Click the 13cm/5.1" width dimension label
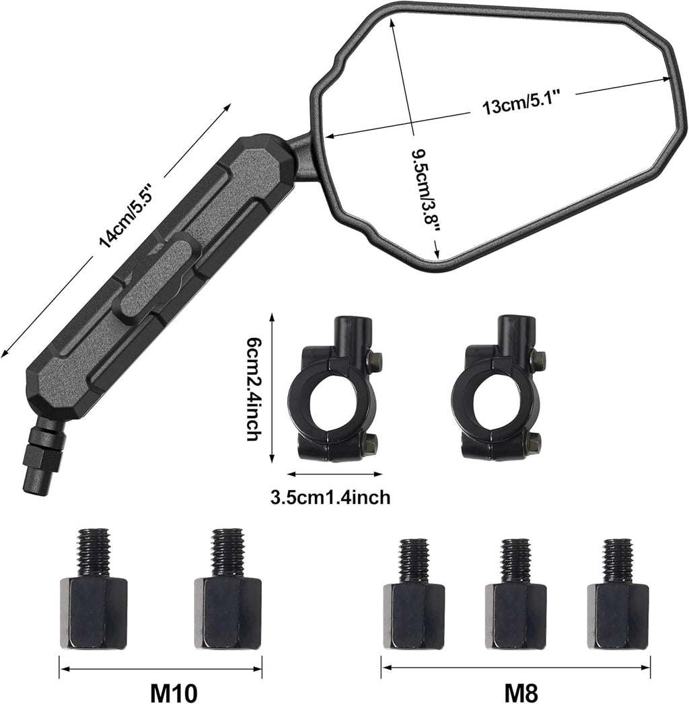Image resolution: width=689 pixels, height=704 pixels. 521,107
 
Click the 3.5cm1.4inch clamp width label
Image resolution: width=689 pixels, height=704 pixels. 330,497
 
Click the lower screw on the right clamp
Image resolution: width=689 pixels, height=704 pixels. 534,442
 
